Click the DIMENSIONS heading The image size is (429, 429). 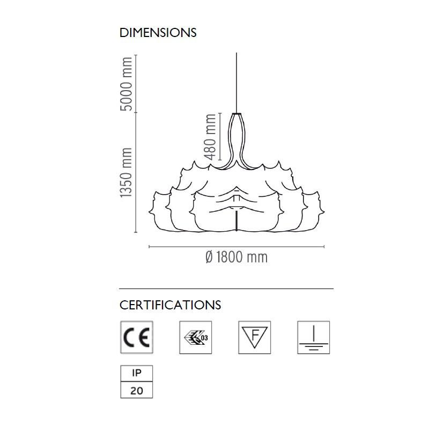(158, 33)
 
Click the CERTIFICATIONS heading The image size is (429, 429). (170, 305)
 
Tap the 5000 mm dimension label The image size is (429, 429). (126, 84)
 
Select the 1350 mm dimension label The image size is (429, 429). (126, 172)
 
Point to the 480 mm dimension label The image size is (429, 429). (210, 137)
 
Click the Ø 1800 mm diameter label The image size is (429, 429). (236, 257)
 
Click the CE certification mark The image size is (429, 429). (137, 337)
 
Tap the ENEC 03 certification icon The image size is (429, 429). (196, 337)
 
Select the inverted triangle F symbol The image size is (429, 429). (254, 337)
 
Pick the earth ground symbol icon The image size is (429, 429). (314, 337)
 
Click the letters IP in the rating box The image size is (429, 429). (137, 373)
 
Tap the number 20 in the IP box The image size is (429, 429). (137, 390)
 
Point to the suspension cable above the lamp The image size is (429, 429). (236, 83)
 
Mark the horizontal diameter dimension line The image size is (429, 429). (236, 247)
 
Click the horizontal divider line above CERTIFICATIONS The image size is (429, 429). (226, 289)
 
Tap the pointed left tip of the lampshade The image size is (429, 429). (149, 211)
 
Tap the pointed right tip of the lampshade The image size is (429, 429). (324, 212)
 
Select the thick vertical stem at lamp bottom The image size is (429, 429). (236, 220)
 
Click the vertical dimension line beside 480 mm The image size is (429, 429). (220, 136)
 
